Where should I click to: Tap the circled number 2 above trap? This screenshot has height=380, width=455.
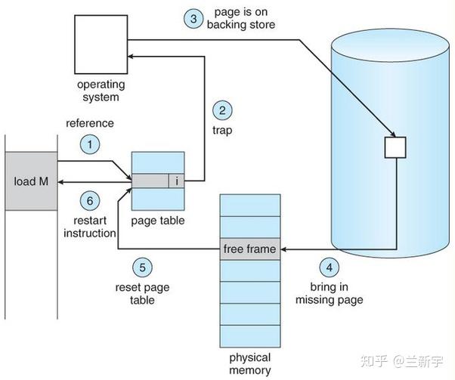coord(221,110)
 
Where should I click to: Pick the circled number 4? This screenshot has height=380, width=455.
coord(327,267)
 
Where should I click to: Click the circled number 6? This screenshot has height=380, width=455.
coord(90,201)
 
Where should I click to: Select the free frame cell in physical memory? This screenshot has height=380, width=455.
coord(249,249)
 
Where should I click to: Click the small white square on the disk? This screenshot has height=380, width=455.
coord(395,147)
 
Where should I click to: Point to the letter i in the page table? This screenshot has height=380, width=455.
coord(176,181)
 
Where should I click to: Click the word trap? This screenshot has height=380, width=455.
coord(221,130)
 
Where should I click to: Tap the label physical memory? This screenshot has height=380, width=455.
coord(250,363)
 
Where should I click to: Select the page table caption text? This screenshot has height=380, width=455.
coord(159,221)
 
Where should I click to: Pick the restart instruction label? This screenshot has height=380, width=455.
coord(88,227)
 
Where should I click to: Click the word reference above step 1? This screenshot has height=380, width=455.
coord(90,123)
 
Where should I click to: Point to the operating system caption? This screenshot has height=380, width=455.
coord(98,91)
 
